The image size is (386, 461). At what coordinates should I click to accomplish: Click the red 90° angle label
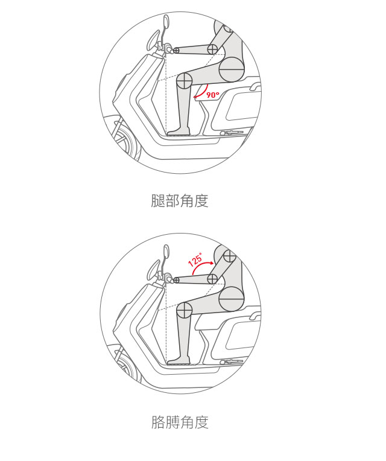tap(213, 95)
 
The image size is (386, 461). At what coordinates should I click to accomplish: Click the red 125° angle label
tap(195, 259)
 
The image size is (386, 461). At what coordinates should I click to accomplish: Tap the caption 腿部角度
tap(180, 200)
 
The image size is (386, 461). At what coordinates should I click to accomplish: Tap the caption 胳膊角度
tap(180, 422)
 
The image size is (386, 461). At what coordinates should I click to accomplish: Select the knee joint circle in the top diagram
tap(184, 81)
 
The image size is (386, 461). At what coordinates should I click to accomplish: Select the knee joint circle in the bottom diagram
tap(184, 311)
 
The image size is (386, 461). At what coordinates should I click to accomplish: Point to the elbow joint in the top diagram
tap(212, 49)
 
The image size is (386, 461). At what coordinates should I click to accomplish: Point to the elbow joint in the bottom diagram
tap(212, 279)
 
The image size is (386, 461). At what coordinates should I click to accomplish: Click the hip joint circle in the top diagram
tap(232, 69)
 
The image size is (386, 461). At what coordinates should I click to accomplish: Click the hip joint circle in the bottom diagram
tap(232, 299)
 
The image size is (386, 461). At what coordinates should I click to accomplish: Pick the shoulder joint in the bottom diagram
tap(229, 256)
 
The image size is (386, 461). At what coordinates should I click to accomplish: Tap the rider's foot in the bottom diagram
tap(179, 361)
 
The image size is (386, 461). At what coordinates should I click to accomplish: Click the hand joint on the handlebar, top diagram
tap(176, 50)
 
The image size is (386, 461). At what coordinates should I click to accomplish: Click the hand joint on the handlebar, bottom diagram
tap(176, 280)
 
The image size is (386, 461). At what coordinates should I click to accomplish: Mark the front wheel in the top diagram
tap(125, 141)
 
